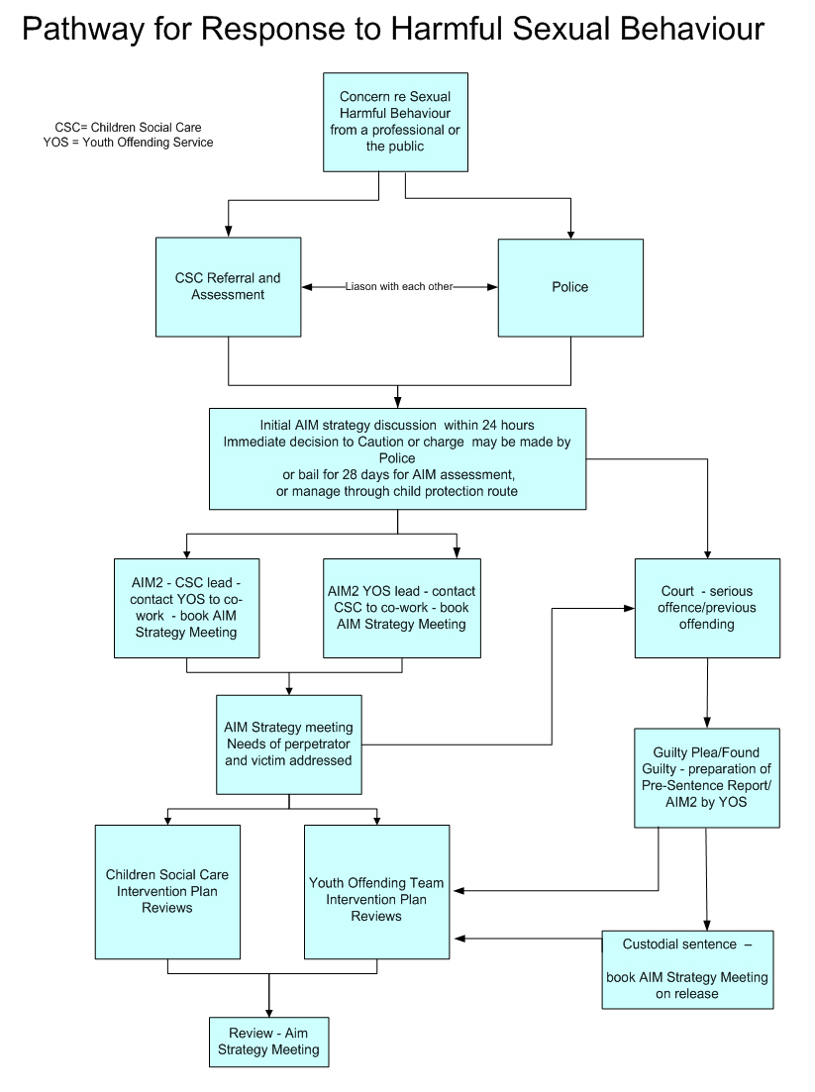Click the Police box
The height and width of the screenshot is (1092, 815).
coord(569,287)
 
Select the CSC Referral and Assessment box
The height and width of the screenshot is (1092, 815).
coord(229,286)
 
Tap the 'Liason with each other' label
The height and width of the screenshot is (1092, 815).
coord(399,287)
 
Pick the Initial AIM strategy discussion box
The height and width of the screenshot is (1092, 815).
coord(397,458)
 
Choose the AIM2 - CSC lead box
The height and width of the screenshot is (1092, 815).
coord(187,608)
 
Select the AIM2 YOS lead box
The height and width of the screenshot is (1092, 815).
coord(401,608)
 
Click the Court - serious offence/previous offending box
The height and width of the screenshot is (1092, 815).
coord(707,608)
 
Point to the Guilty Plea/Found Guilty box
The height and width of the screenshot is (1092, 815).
coord(706,777)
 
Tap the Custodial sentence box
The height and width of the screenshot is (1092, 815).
coord(687,969)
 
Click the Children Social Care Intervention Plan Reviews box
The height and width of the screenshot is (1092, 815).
coord(167,891)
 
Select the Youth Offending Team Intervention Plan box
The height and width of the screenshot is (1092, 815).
coord(376,891)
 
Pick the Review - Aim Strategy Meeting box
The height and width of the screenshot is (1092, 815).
coord(268,1042)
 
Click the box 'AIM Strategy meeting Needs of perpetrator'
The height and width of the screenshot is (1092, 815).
coord(288,744)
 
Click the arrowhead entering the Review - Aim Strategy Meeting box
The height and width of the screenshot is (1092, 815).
coord(268,1012)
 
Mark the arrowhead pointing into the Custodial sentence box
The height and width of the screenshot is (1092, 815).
coord(706,926)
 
